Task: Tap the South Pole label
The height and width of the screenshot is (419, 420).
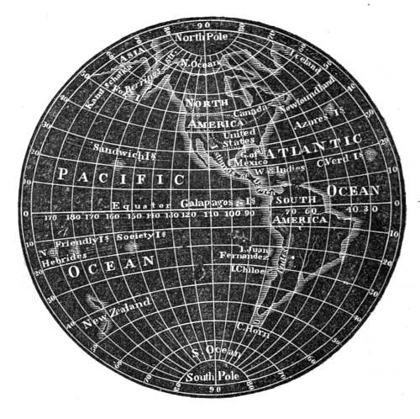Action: (x=206, y=375)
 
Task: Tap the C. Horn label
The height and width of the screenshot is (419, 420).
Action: (x=250, y=326)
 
